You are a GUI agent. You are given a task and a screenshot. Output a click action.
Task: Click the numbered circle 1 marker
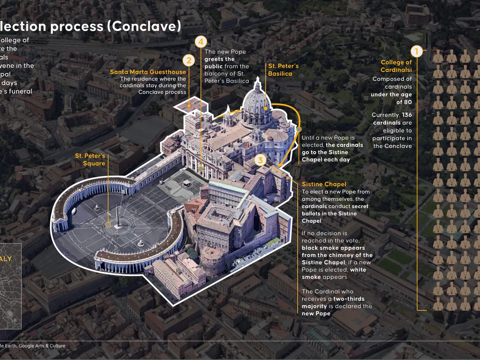pyautogui.click(x=416, y=51)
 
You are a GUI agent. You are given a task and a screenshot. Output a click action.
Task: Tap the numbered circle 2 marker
pyautogui.click(x=189, y=60)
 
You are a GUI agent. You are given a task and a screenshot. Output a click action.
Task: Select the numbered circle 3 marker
pyautogui.click(x=260, y=160)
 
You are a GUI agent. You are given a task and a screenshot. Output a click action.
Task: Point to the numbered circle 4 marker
pyautogui.click(x=201, y=41)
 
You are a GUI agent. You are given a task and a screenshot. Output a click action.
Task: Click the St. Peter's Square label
pyautogui.click(x=90, y=159)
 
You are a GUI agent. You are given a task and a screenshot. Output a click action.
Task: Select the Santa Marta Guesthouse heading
pyautogui.click(x=148, y=72)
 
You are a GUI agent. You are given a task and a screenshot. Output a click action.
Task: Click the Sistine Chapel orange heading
pyautogui.click(x=324, y=184)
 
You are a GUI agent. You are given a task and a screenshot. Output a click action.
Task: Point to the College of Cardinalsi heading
pyautogui.click(x=396, y=66)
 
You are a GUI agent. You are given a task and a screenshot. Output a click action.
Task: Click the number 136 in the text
pyautogui.click(x=407, y=115)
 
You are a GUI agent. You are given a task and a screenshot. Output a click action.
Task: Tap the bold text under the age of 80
pyautogui.click(x=391, y=98)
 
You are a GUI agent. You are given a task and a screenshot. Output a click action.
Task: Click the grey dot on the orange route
pyautogui.click(x=299, y=129)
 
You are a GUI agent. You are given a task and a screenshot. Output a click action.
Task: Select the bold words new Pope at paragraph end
pyautogui.click(x=316, y=314)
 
